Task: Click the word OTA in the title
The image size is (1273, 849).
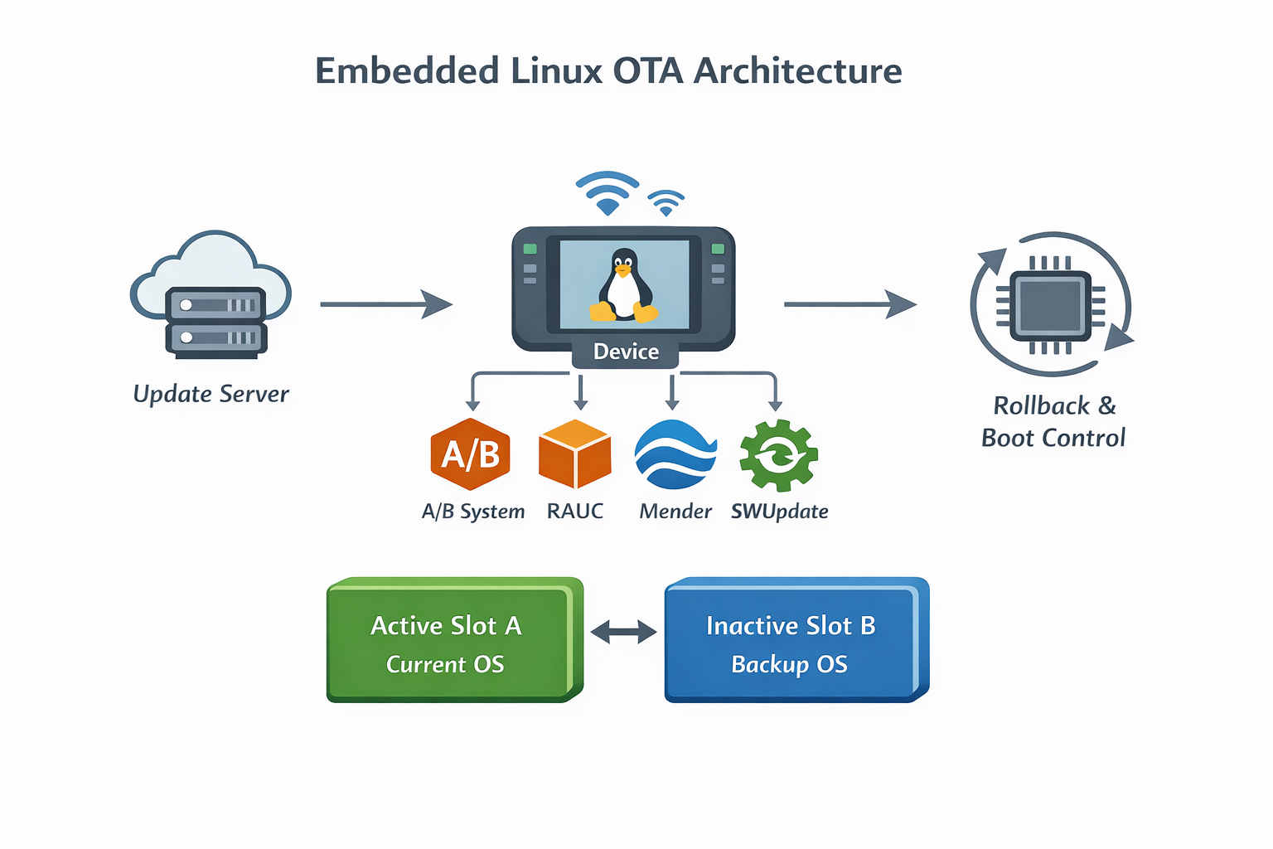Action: click(x=647, y=71)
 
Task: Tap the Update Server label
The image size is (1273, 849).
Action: click(x=211, y=394)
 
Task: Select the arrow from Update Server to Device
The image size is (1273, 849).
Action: click(x=385, y=304)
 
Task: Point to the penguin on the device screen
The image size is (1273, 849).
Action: click(x=623, y=285)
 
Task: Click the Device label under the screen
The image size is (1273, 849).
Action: click(x=626, y=352)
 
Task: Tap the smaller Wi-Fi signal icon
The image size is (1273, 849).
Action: click(x=666, y=201)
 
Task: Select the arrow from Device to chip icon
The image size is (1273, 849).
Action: click(x=849, y=304)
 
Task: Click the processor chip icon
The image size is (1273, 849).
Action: click(x=1050, y=304)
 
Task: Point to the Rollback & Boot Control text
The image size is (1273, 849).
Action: click(x=1053, y=421)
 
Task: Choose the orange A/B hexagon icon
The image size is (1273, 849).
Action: click(x=471, y=454)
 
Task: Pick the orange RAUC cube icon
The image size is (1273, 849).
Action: click(x=574, y=454)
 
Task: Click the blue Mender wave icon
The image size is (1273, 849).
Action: click(x=675, y=454)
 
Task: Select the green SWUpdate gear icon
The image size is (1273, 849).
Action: click(x=778, y=455)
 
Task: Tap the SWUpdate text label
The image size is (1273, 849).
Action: click(x=779, y=512)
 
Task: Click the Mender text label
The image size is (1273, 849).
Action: click(x=675, y=512)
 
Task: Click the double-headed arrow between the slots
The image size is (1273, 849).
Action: click(x=623, y=633)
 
